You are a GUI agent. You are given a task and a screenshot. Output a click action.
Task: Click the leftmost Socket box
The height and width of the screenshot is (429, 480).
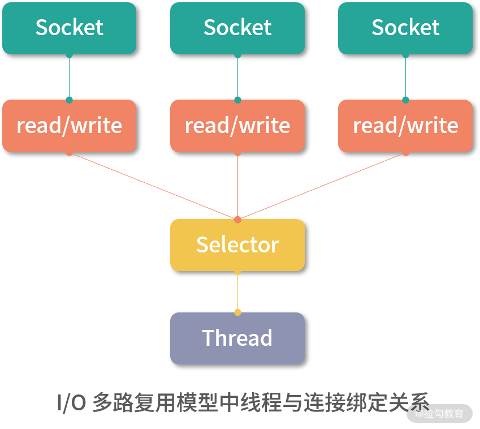69,28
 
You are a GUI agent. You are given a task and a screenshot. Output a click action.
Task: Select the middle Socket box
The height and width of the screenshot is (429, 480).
237,28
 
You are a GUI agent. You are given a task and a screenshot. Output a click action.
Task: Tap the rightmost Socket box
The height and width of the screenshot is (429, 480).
405,28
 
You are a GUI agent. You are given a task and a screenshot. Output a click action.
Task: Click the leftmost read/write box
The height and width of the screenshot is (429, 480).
69,126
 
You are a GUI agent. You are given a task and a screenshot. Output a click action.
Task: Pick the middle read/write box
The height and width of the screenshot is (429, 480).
237,126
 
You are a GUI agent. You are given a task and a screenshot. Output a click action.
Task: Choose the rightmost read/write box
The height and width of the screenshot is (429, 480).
405,126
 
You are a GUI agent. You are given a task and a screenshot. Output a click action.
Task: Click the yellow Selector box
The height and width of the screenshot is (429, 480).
237,244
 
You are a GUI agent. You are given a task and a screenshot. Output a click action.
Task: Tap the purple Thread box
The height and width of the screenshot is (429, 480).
237,338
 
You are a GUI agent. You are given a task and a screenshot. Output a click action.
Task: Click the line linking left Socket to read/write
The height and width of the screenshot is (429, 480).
69,78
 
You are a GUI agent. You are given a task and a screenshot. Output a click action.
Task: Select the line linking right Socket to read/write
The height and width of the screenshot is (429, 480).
405,78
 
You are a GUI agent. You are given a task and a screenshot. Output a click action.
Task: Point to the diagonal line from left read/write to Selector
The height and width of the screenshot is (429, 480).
153,186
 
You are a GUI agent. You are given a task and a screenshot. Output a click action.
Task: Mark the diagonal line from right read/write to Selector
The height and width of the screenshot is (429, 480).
322,186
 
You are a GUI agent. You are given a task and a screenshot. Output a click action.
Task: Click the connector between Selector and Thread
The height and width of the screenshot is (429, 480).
237,292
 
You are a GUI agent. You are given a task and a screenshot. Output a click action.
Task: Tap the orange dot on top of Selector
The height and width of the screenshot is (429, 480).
237,219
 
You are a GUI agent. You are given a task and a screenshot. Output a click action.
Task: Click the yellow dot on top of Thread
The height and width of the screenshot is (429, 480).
237,312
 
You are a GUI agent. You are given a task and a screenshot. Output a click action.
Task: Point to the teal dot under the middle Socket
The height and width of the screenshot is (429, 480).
237,55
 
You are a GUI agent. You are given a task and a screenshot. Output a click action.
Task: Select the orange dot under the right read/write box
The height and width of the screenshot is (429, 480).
405,153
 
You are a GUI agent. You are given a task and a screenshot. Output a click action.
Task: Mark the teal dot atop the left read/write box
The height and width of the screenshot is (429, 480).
69,100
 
